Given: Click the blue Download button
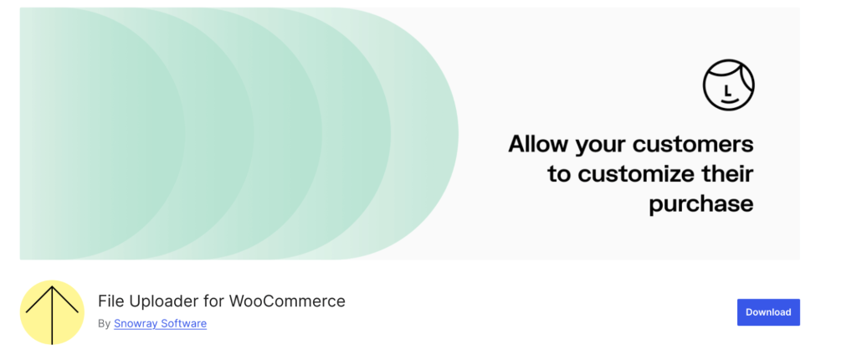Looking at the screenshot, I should coord(768,312).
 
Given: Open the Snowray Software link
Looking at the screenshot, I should coord(160,323).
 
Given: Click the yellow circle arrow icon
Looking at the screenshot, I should coord(52,312).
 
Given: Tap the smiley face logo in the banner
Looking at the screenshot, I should coord(728,85).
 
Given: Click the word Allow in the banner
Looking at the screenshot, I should coord(538,144).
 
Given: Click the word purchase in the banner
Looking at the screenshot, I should coord(701,203).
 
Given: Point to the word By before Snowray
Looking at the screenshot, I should coord(104,323).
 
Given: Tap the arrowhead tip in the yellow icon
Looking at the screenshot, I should coord(52,287).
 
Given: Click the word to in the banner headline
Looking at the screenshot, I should coord(560,174).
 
